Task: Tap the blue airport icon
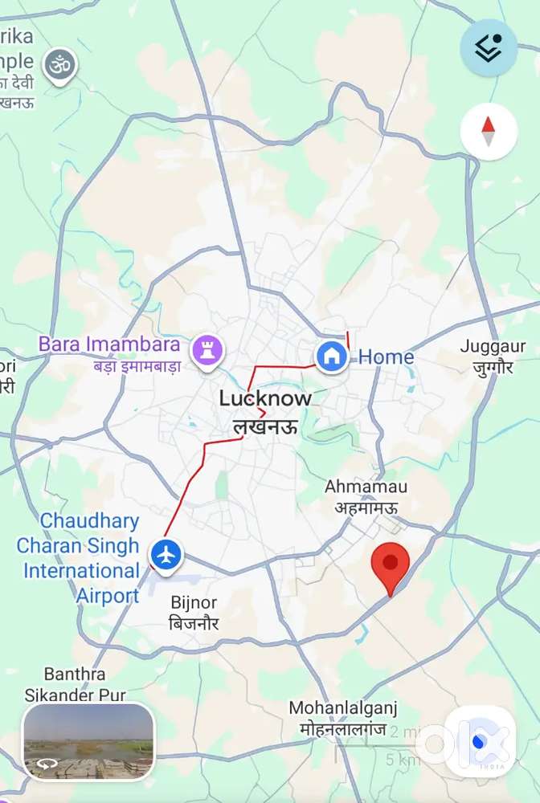tap(166, 554)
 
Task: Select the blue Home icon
tap(331, 356)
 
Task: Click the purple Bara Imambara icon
tap(207, 350)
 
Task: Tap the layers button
tap(488, 48)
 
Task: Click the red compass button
tap(489, 131)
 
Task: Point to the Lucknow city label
tap(265, 398)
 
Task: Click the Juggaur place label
tap(493, 347)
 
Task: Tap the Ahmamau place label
tap(366, 487)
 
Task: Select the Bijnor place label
tap(194, 602)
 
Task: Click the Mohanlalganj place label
tap(343, 708)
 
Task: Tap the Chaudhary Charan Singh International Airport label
tap(79, 558)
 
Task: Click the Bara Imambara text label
tap(109, 345)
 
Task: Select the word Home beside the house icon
tap(386, 357)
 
